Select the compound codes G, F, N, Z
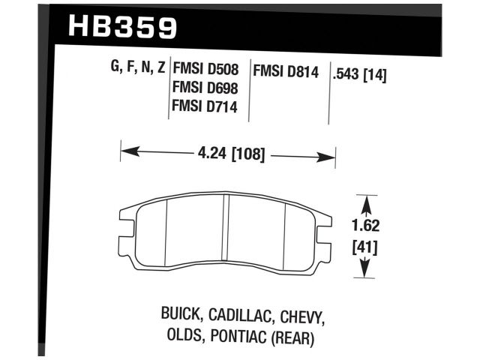[x=137, y=70]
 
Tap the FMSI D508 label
[x=206, y=70]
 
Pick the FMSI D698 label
[x=206, y=88]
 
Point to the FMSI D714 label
[x=206, y=106]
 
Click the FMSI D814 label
[x=286, y=73]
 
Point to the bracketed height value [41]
[x=364, y=247]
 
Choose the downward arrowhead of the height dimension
[x=364, y=271]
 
